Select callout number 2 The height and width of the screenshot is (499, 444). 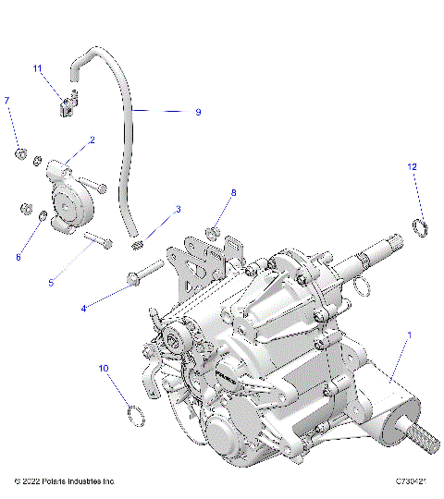pyautogui.click(x=92, y=140)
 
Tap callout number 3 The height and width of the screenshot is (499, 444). pyautogui.click(x=178, y=210)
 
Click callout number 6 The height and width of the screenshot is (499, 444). pyautogui.click(x=17, y=257)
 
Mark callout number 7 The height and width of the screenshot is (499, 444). pyautogui.click(x=7, y=99)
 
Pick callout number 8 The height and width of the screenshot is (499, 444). pyautogui.click(x=233, y=192)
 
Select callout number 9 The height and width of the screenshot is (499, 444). pyautogui.click(x=197, y=112)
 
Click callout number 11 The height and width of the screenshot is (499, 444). pyautogui.click(x=38, y=69)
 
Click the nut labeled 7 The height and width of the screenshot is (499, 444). pyautogui.click(x=18, y=150)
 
